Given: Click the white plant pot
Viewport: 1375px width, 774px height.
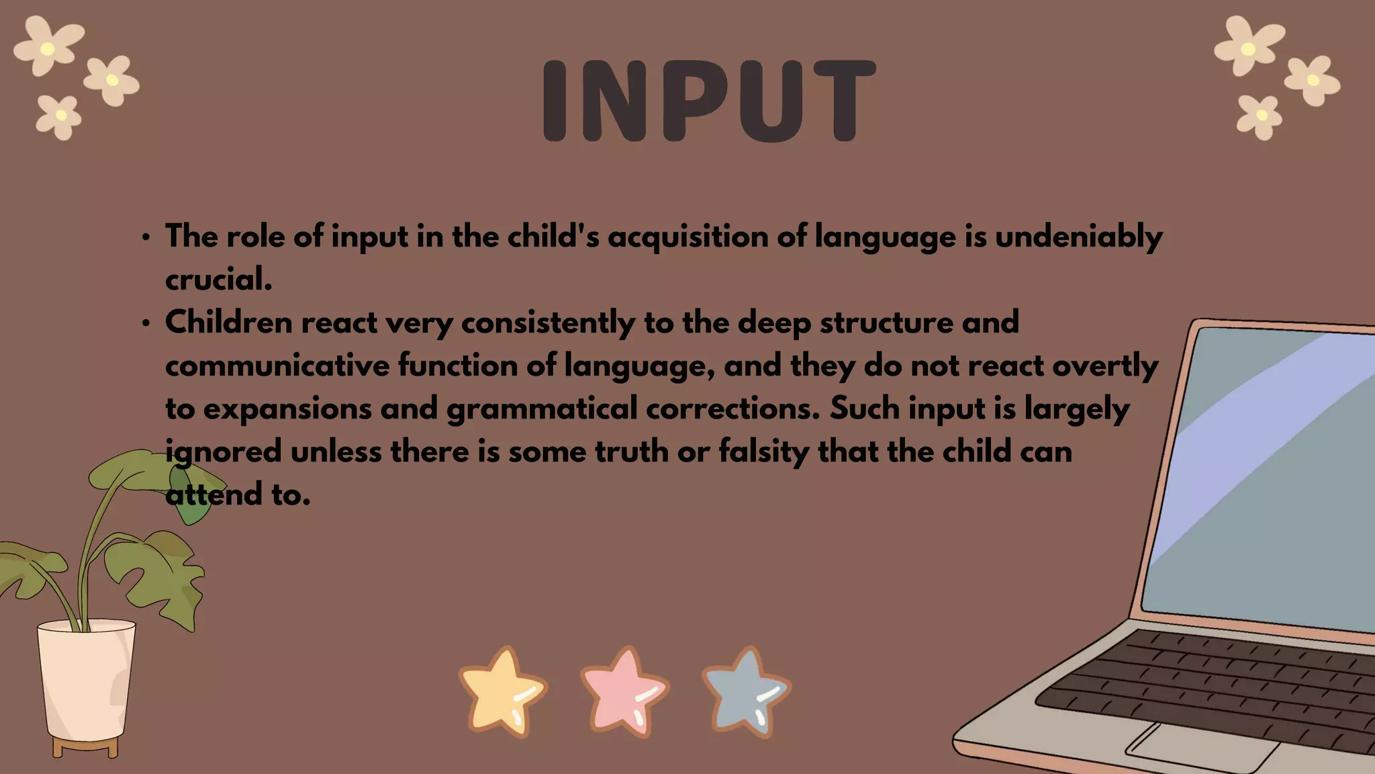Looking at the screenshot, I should click(86, 679).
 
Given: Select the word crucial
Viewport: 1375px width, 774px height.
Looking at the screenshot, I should click(218, 280).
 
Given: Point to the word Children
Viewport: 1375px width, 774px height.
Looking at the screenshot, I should click(228, 323).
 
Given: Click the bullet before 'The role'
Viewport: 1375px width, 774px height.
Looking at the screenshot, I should click(146, 238).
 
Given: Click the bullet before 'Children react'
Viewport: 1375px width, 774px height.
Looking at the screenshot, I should click(146, 324).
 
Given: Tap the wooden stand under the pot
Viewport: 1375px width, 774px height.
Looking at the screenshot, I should click(85, 746).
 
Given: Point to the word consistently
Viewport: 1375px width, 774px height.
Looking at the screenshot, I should click(547, 323).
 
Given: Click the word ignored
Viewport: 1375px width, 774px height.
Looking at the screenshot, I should click(224, 452).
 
